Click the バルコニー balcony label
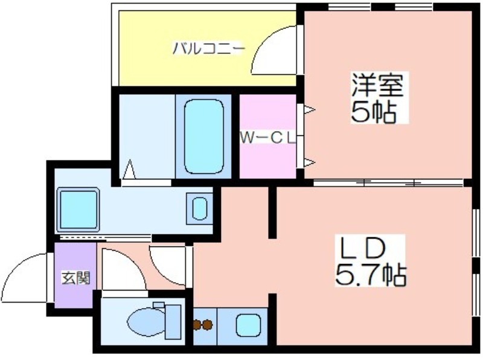[x=208, y=49]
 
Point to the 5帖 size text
[x=373, y=111]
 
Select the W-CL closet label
[x=267, y=138]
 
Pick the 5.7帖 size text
[x=371, y=275]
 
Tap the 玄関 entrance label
[x=76, y=278]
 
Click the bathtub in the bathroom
[x=203, y=137]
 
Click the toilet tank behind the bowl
[x=173, y=322]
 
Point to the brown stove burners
[x=203, y=324]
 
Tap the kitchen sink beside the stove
[x=248, y=325]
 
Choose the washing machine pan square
[x=78, y=210]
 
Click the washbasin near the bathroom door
[x=200, y=208]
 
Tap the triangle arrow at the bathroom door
[x=129, y=169]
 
